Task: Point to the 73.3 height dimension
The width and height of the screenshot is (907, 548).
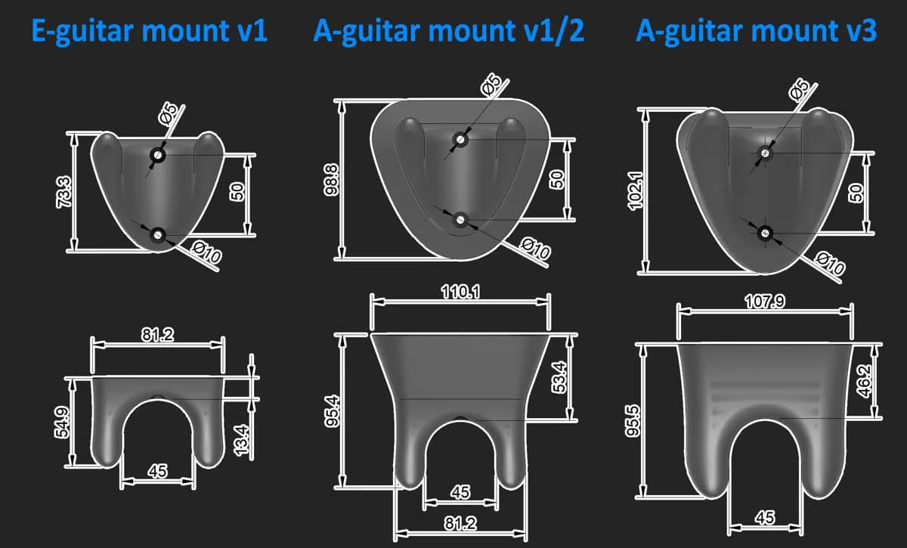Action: click(64, 192)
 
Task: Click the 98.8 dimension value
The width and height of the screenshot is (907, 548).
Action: click(331, 180)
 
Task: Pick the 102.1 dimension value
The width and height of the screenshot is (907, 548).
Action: click(635, 191)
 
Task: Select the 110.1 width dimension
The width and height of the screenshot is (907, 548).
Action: click(460, 292)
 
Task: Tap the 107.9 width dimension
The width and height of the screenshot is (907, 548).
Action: click(764, 302)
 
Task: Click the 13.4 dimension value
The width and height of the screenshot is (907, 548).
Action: click(241, 440)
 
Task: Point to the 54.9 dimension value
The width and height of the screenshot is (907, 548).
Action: click(62, 423)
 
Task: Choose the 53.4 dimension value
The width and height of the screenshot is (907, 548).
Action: click(559, 377)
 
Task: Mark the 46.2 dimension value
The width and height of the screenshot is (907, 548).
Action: click(864, 381)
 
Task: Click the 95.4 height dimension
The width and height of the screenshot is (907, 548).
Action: click(332, 411)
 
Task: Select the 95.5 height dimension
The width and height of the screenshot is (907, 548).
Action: click(633, 421)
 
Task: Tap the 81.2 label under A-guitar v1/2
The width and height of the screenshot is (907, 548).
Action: click(460, 524)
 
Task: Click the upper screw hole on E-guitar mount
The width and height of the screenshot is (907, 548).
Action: click(157, 155)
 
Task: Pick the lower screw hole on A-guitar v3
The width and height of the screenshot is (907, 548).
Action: click(765, 233)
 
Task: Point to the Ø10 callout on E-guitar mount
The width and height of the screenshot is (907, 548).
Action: click(206, 252)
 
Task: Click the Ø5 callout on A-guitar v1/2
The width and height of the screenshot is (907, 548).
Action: click(491, 85)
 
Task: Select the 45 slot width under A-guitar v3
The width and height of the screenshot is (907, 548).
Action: click(765, 518)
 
